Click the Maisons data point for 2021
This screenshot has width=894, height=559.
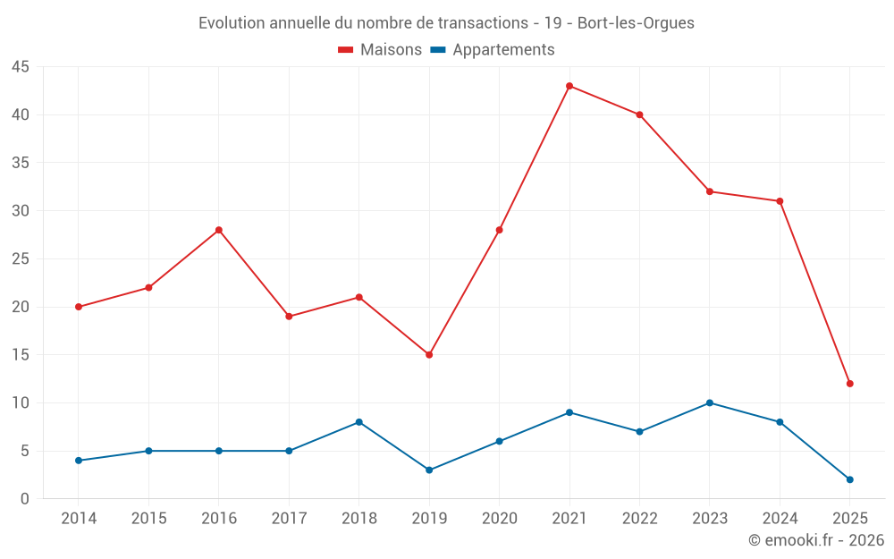coord(569,86)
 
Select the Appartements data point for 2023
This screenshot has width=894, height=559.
coord(710,402)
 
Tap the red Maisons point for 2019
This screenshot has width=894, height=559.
coord(429,355)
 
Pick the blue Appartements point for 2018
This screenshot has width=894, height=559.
coord(358,422)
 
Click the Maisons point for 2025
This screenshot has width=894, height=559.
coord(850,384)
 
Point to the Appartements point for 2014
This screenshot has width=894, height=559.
coord(79,461)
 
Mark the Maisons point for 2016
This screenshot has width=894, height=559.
coord(218,230)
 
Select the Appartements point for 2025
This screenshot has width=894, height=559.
coord(850,479)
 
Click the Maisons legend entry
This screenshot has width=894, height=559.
coord(380,50)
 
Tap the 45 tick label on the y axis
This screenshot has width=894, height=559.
coord(21,67)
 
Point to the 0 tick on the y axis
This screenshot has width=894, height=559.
coord(25,499)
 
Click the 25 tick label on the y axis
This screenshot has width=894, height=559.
coord(21,259)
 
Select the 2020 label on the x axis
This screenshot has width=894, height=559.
coord(499,519)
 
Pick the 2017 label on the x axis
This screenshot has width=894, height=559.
coord(289,519)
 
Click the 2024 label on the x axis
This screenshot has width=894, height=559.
coord(780,519)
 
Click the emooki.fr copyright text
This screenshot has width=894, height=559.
coord(815,540)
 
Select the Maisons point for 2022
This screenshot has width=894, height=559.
coord(639,114)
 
